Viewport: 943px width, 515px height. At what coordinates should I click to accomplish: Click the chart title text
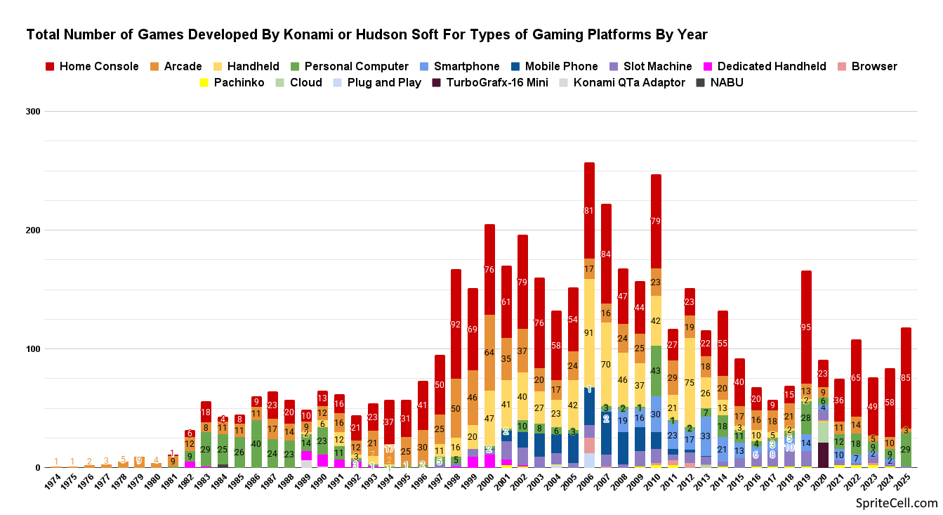(367, 34)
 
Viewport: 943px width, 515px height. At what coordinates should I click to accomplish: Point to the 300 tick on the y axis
(32, 112)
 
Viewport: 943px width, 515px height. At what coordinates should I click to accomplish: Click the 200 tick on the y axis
(32, 230)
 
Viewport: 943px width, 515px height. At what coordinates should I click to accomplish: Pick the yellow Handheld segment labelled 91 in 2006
(589, 333)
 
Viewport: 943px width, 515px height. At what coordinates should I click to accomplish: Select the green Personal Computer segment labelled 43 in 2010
(656, 370)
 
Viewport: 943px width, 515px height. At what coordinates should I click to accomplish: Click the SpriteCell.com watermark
(897, 503)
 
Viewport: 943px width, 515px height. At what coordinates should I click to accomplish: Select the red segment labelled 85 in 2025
(906, 377)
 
